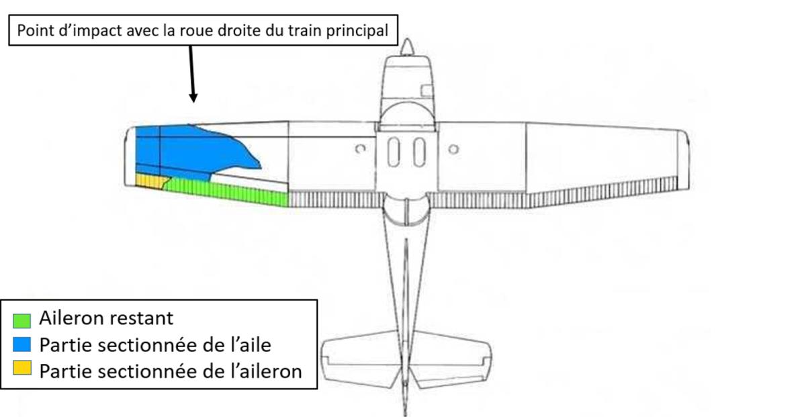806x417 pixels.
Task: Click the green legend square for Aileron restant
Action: pos(22,318)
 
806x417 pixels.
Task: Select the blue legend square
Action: pos(22,344)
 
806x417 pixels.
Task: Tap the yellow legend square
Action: pos(22,370)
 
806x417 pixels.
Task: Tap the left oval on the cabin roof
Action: pos(394,151)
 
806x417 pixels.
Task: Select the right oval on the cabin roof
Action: pos(419,151)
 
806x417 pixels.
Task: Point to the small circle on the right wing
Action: pos(453,148)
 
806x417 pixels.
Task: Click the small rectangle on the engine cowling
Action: pos(425,90)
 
